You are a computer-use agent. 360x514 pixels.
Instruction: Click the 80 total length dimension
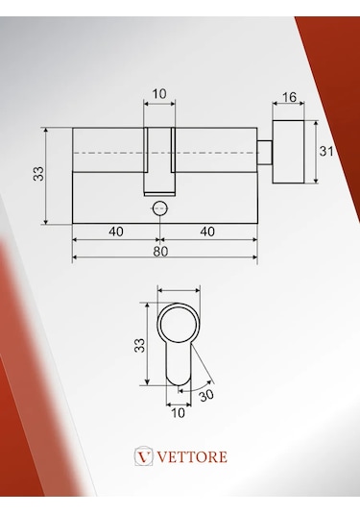[x=160, y=252]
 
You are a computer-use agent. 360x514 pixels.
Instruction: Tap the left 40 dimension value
[x=116, y=232]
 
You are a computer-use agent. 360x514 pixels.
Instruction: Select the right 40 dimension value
[x=207, y=232]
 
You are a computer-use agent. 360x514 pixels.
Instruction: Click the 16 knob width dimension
[x=289, y=97]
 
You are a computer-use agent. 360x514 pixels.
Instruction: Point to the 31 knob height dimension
[x=326, y=152]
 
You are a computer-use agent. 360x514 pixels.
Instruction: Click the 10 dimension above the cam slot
[x=159, y=94]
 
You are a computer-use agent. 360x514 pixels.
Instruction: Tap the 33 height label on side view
[x=38, y=173]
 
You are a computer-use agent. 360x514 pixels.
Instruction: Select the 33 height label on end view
[x=139, y=345]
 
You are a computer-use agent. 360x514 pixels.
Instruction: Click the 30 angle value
[x=206, y=395]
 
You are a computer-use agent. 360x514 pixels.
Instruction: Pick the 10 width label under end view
[x=178, y=413]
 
